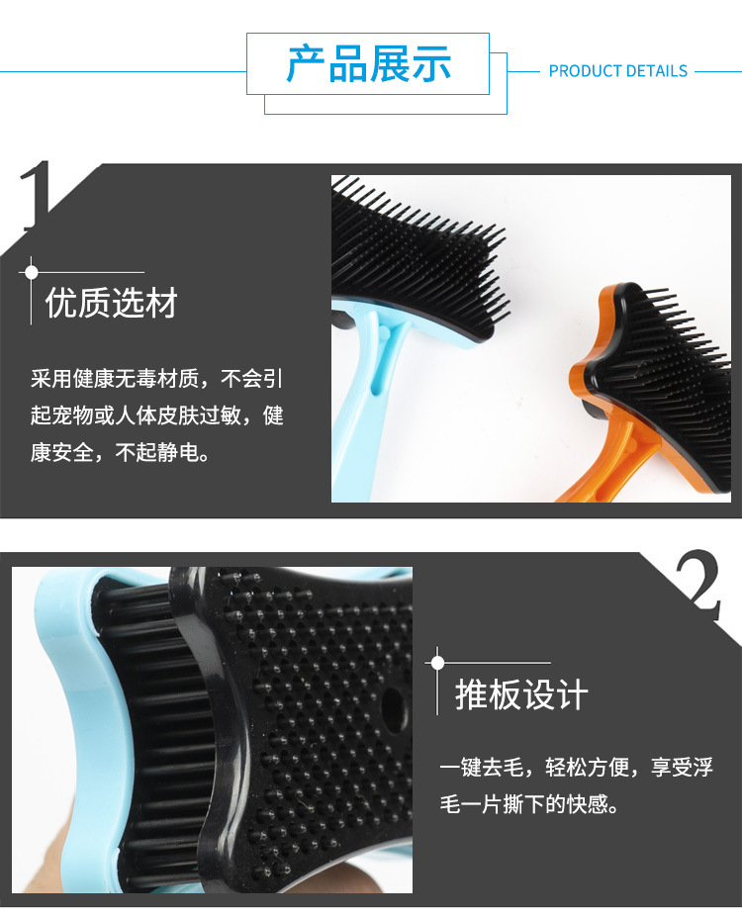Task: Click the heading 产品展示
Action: (368, 64)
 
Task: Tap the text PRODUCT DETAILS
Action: (617, 71)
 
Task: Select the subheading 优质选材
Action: (111, 304)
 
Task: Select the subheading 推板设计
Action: (520, 694)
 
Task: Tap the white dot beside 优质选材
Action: (32, 271)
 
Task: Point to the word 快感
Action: (587, 804)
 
